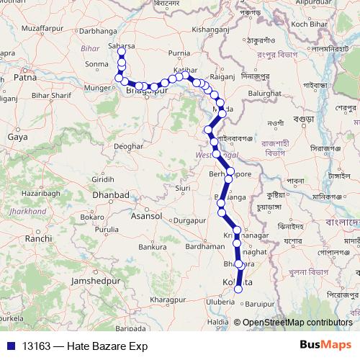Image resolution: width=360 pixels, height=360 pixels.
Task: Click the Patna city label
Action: [25, 76]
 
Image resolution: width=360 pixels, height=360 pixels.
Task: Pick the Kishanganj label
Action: [214, 31]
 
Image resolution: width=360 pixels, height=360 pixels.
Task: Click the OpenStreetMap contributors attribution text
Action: [297, 323]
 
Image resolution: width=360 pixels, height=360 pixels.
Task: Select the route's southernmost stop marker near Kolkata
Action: [239, 289]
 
